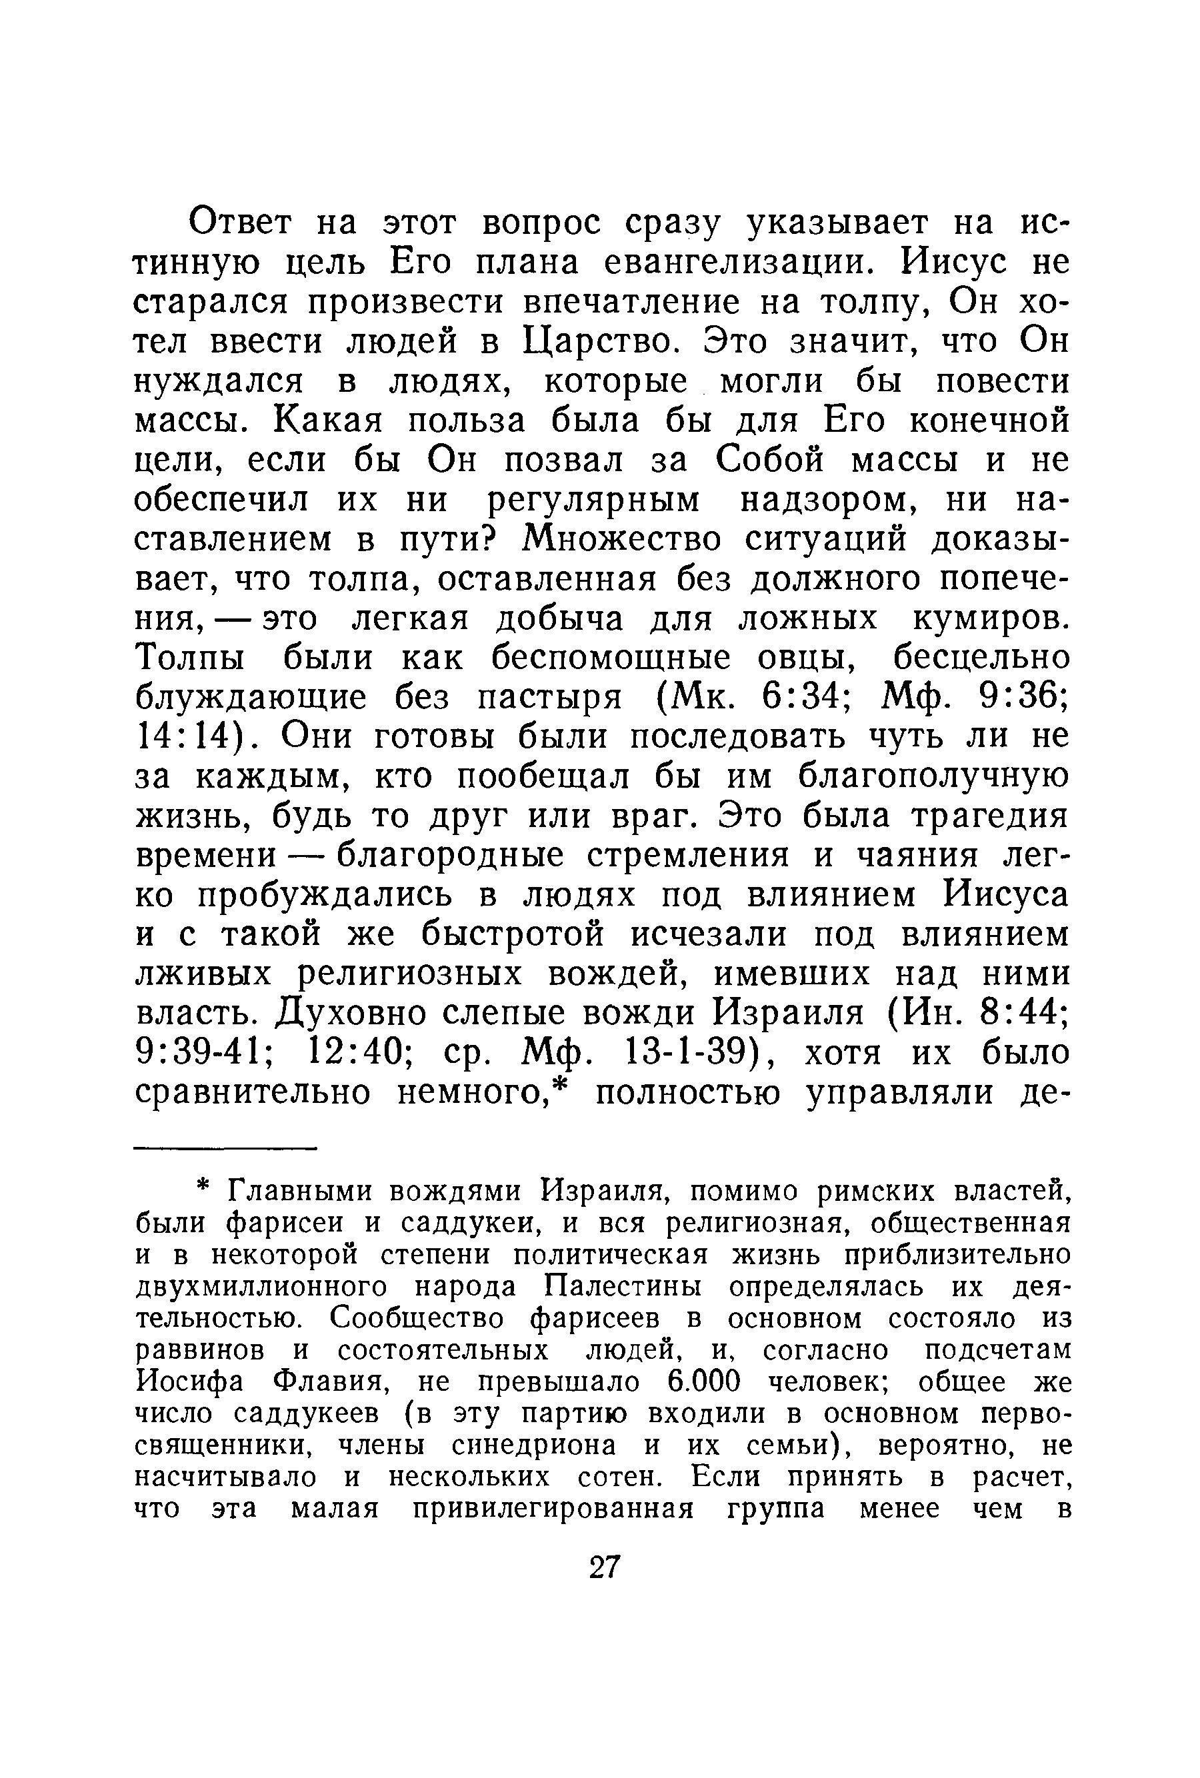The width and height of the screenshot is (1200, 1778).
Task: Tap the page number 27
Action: pyautogui.click(x=603, y=1567)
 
